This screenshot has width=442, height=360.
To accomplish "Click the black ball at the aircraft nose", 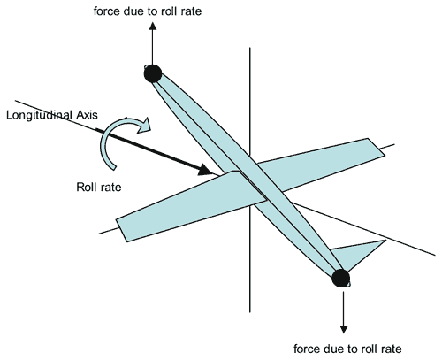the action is [153, 73].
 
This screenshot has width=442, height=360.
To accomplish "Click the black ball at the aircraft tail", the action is [341, 278].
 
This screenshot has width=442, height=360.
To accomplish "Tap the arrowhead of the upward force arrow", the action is [153, 26].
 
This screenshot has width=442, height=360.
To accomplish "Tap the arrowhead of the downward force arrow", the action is [344, 329].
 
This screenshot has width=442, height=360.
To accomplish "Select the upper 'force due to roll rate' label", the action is [148, 11].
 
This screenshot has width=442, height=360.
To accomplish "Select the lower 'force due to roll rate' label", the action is [347, 349].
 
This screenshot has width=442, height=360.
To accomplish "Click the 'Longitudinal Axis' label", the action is [52, 115].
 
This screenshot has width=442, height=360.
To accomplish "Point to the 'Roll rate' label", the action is [99, 187].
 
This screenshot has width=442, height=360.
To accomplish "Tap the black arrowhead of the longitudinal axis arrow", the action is [205, 170].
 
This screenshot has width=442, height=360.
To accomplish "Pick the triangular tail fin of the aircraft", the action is [358, 255].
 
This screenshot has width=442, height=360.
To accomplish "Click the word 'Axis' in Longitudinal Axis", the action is [88, 115].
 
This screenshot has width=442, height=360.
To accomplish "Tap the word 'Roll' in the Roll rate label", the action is [85, 187].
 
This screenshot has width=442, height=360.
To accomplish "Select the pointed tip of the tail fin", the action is [386, 241].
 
